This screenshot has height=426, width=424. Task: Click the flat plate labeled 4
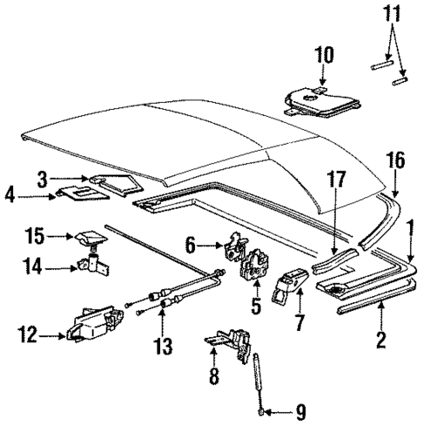point(79,190)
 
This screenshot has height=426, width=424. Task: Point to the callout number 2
point(379,338)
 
